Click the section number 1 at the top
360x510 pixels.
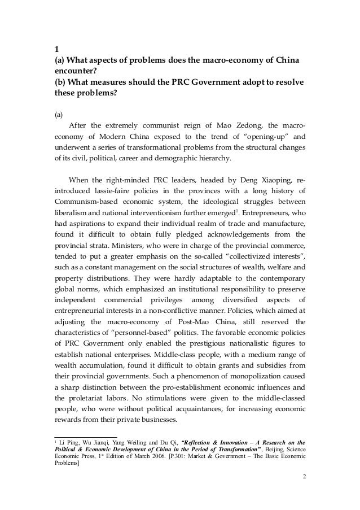[x=55, y=47]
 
